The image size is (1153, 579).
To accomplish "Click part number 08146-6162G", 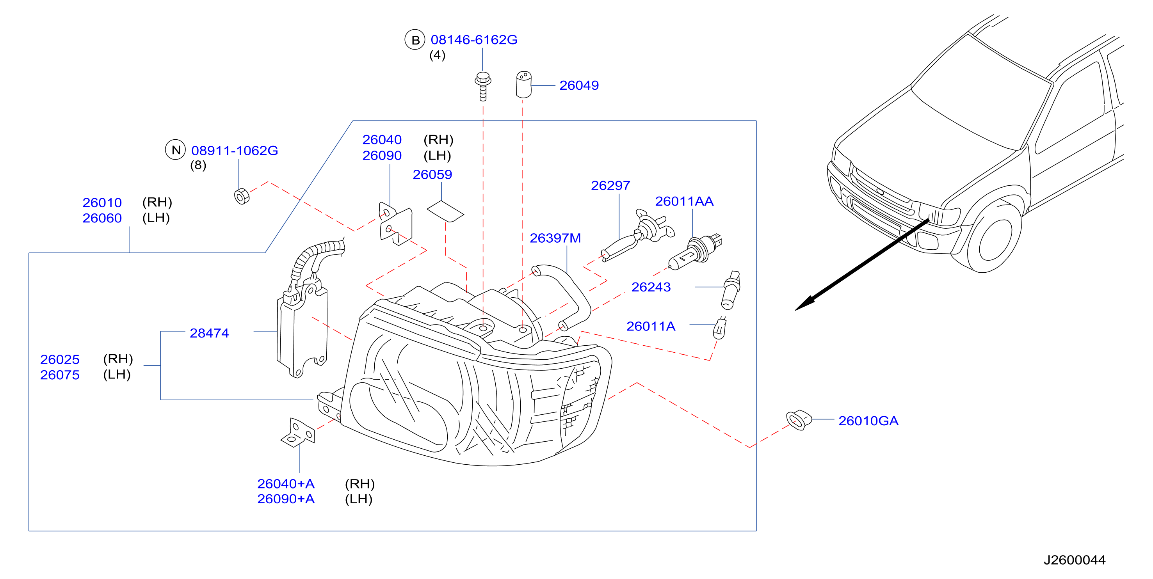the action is coord(473,40).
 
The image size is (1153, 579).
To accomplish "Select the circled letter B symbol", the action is coord(415,40).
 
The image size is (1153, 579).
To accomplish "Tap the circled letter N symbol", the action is coord(176,150).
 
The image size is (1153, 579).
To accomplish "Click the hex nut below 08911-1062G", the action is coord(242,196).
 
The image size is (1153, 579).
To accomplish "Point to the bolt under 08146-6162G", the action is coord(482,86).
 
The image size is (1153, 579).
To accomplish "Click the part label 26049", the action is coord(579,85).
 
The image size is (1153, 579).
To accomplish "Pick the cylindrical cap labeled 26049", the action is coord(523,85).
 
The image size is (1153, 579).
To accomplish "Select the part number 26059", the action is coord(432,174).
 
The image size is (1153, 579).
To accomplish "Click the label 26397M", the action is coord(555,238).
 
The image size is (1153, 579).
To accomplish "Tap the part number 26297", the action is coord(610,185).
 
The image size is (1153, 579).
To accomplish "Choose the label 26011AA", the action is coord(684,201).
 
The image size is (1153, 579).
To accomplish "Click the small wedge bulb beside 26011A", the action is coord(719,329).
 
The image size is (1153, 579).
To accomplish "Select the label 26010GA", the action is coord(868,421).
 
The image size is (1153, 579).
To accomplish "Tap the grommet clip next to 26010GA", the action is coord(799,420).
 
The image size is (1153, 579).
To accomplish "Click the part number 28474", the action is coord(209,333).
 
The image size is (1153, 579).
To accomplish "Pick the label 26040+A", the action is coord(286,484).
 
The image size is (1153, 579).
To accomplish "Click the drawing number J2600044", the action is coord(1074,560).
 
